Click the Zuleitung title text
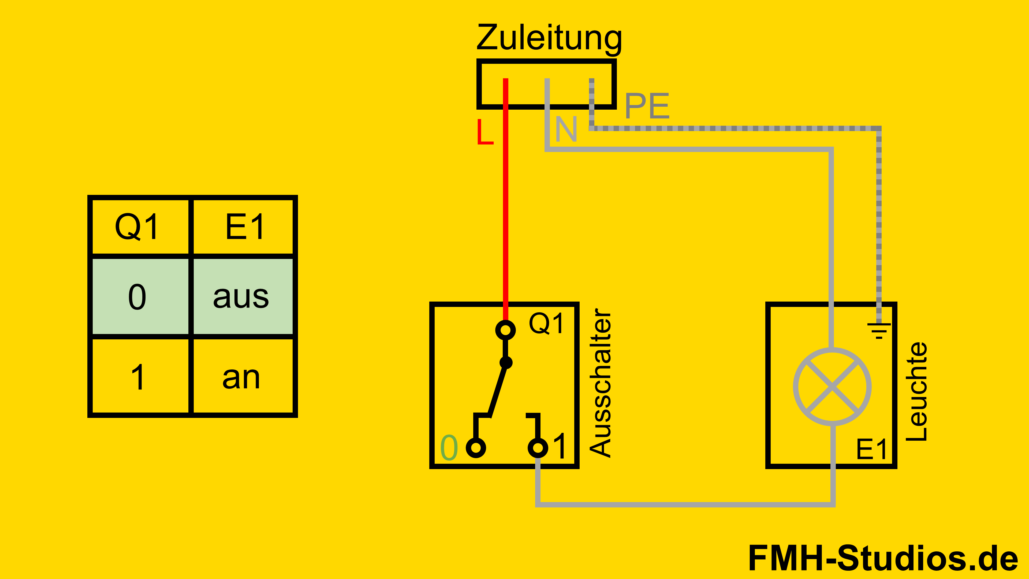[549, 38]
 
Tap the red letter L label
[485, 132]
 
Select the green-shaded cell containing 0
[137, 296]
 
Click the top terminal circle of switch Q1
[505, 330]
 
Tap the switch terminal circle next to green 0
[476, 448]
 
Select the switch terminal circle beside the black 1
[538, 448]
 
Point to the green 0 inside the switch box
[449, 448]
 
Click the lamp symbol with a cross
[832, 386]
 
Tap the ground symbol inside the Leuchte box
[879, 331]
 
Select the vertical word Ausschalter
[600, 383]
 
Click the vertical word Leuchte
[916, 392]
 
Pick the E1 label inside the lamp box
[871, 449]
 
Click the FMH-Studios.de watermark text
[883, 558]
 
